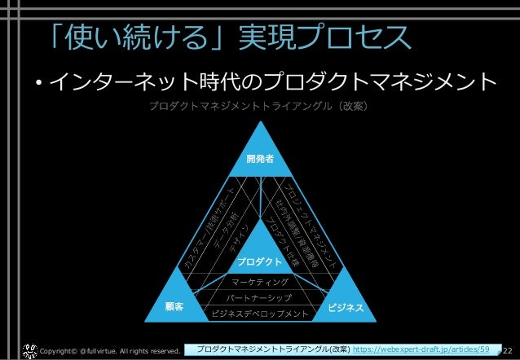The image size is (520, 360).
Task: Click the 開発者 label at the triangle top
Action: point(259,159)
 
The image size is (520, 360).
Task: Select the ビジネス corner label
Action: point(345,309)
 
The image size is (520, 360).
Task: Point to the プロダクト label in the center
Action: point(259,262)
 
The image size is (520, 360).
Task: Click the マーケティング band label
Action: point(259,282)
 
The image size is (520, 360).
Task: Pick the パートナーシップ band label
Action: point(259,297)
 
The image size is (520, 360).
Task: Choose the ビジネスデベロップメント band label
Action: point(259,314)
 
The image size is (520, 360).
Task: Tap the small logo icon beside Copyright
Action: point(29,349)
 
